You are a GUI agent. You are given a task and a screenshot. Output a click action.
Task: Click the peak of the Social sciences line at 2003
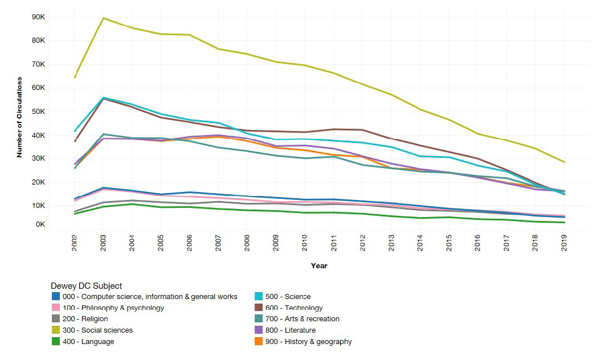pyautogui.click(x=103, y=18)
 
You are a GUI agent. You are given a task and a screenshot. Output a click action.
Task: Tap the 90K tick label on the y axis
pyautogui.click(x=38, y=17)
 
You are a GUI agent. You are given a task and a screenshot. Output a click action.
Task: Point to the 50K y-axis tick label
pyautogui.click(x=38, y=112)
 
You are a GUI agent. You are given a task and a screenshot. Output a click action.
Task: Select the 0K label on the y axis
pyautogui.click(x=39, y=224)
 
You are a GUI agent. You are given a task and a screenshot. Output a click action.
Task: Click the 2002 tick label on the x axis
pyautogui.click(x=75, y=242)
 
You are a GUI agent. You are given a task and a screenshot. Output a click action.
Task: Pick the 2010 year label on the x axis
pyautogui.click(x=305, y=242)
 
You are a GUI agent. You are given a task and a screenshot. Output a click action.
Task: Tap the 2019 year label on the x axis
pyautogui.click(x=564, y=242)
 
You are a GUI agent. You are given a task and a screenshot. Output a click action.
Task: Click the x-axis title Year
pyautogui.click(x=319, y=265)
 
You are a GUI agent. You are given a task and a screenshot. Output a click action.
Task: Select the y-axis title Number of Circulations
pyautogui.click(x=19, y=117)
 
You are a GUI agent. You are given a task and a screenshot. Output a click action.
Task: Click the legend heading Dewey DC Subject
pyautogui.click(x=86, y=286)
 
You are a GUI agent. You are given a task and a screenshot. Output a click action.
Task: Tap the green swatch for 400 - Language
pyautogui.click(x=55, y=342)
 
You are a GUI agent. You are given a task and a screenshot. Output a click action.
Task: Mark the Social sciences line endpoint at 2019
pyautogui.click(x=564, y=162)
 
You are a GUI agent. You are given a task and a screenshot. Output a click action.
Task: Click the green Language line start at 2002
pyautogui.click(x=75, y=214)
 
